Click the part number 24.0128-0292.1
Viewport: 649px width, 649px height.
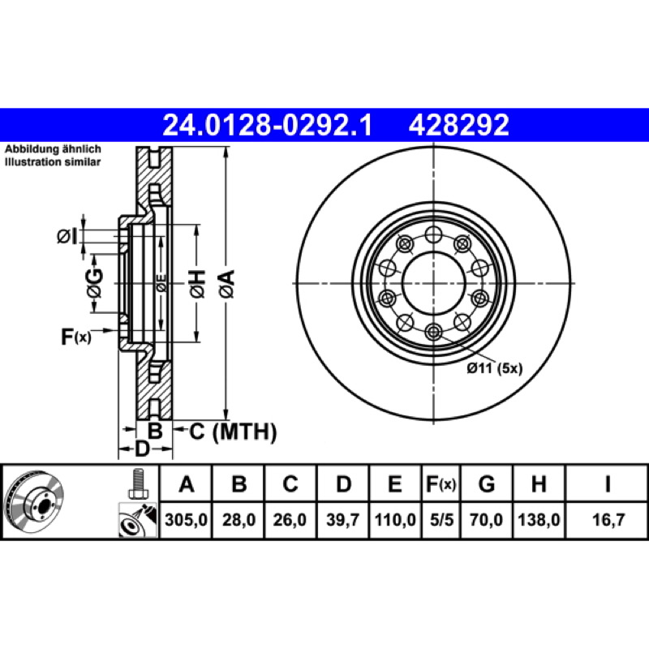pos(268,125)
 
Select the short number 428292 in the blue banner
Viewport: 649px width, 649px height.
pos(458,125)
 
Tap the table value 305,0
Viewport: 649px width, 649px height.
pos(186,519)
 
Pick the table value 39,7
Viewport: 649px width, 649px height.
pos(342,519)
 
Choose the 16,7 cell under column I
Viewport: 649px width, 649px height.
pos(608,519)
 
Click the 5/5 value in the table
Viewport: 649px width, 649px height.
pos(441,519)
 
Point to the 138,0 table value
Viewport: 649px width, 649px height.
pos(539,519)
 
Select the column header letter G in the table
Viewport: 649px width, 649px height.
pos(487,484)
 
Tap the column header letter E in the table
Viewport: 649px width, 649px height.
pos(394,484)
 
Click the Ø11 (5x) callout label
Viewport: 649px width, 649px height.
pos(495,368)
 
